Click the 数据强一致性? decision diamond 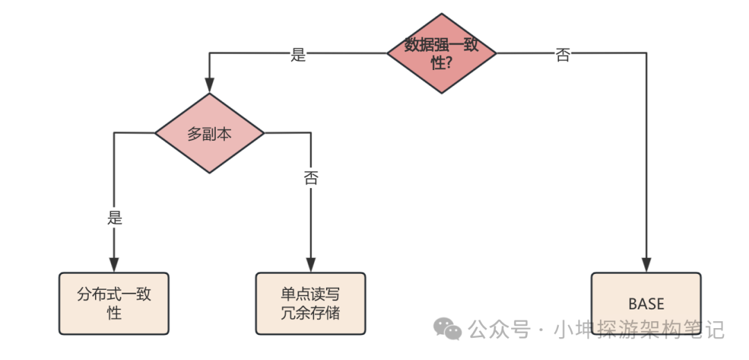click(x=441, y=53)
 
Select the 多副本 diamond click(x=209, y=133)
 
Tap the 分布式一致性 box click(x=114, y=303)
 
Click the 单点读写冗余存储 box click(x=310, y=303)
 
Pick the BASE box click(x=646, y=303)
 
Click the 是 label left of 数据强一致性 click(x=298, y=55)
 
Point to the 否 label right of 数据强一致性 click(x=563, y=55)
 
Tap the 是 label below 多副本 click(x=114, y=218)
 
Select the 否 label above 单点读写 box click(x=311, y=178)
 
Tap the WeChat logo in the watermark click(x=447, y=329)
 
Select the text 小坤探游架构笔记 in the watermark click(x=638, y=329)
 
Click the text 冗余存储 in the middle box click(x=310, y=313)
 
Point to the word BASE click(x=646, y=304)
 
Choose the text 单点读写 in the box click(x=310, y=294)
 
